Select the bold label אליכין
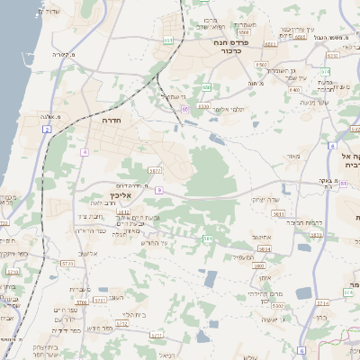click(121, 194)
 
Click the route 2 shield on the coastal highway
click(46, 130)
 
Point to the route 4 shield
click(85, 152)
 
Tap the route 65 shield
click(185, 109)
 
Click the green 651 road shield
click(168, 40)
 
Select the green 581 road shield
click(208, 238)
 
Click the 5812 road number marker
click(137, 212)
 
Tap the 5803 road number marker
click(259, 266)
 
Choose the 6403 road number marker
click(293, 90)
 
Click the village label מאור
click(292, 156)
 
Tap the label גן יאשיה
click(270, 319)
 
